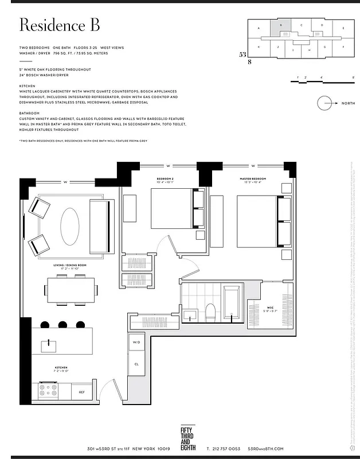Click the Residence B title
[x=60, y=25]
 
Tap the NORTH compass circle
[x=325, y=103]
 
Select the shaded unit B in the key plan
[x=280, y=27]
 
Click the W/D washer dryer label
[x=136, y=343]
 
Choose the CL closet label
[x=136, y=364]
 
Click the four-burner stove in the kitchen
[x=48, y=391]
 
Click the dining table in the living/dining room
[x=71, y=290]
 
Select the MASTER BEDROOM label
[x=252, y=179]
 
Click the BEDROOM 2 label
[x=165, y=179]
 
